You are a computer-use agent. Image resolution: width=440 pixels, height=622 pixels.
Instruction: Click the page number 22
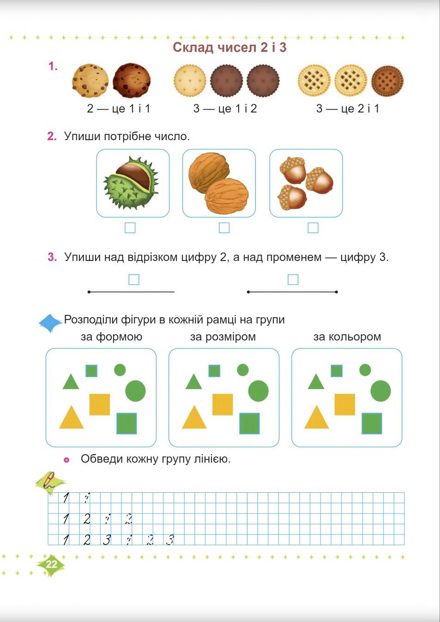pyautogui.click(x=51, y=564)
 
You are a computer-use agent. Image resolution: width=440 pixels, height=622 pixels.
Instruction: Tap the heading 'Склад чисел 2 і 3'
pyautogui.click(x=229, y=47)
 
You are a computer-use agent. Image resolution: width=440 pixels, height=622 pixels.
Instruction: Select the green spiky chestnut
pyautogui.click(x=132, y=183)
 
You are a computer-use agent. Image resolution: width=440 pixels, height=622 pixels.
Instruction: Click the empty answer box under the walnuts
pyautogui.click(x=224, y=228)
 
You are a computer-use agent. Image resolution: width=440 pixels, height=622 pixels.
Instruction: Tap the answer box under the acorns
pyautogui.click(x=313, y=228)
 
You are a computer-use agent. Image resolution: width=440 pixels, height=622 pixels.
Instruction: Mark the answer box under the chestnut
pyautogui.click(x=130, y=228)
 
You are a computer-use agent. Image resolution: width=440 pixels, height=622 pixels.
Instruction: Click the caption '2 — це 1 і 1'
pyautogui.click(x=118, y=109)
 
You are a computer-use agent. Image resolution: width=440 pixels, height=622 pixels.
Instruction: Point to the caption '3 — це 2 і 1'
pyautogui.click(x=347, y=109)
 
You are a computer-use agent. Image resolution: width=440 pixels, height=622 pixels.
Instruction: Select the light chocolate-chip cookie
pyautogui.click(x=90, y=81)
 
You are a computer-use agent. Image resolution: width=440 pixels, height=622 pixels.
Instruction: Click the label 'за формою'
pyautogui.click(x=111, y=337)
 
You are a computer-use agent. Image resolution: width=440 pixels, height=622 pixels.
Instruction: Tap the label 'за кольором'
pyautogui.click(x=347, y=337)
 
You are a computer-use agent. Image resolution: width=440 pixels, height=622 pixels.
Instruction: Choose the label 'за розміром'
pyautogui.click(x=223, y=337)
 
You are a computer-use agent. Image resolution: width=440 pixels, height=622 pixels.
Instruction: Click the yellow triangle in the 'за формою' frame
pyautogui.click(x=72, y=419)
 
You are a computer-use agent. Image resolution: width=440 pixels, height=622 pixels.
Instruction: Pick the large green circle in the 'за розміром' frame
pyautogui.click(x=258, y=391)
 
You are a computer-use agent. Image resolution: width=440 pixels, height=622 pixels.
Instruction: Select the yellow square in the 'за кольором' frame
pyautogui.click(x=345, y=404)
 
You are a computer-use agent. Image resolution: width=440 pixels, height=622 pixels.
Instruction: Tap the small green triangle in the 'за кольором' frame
pyautogui.click(x=316, y=382)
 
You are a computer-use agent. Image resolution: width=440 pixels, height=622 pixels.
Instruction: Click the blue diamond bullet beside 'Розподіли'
pyautogui.click(x=50, y=323)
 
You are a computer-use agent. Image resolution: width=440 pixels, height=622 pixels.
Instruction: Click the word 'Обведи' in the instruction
pyautogui.click(x=102, y=459)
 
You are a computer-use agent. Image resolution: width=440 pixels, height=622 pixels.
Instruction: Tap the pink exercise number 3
pyautogui.click(x=52, y=257)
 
